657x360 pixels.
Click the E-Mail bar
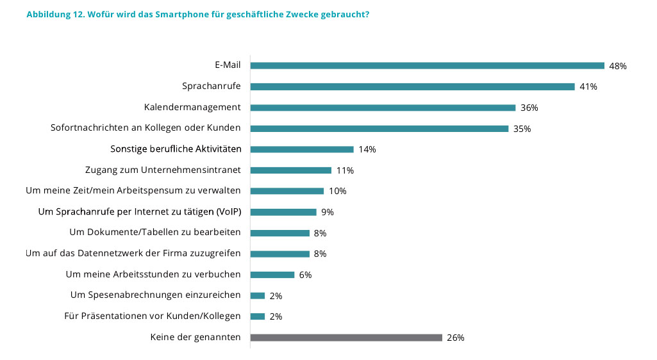pyautogui.click(x=427, y=65)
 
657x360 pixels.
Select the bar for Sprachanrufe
pyautogui.click(x=412, y=86)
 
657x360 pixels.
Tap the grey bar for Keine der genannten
pyautogui.click(x=346, y=338)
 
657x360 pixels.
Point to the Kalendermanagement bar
pyautogui.click(x=383, y=108)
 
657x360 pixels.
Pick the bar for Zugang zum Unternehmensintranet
pyautogui.click(x=290, y=170)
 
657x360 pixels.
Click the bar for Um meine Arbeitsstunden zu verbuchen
pyautogui.click(x=272, y=275)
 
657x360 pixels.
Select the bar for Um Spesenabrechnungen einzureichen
pyautogui.click(x=258, y=295)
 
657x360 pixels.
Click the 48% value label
pyautogui.click(x=618, y=66)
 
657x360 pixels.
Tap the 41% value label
pyautogui.click(x=588, y=87)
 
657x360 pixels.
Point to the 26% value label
pyautogui.click(x=456, y=338)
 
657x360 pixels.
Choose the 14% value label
pyautogui.click(x=367, y=150)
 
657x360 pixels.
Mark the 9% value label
pyautogui.click(x=328, y=212)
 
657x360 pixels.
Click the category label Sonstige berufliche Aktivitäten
pyautogui.click(x=176, y=149)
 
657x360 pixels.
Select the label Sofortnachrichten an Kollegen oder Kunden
pyautogui.click(x=146, y=128)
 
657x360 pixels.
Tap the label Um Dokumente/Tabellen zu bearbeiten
pyautogui.click(x=154, y=233)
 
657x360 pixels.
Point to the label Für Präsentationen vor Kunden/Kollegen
pyautogui.click(x=153, y=316)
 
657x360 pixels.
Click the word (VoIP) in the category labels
pyautogui.click(x=228, y=211)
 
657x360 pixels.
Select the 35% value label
pyautogui.click(x=522, y=129)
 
